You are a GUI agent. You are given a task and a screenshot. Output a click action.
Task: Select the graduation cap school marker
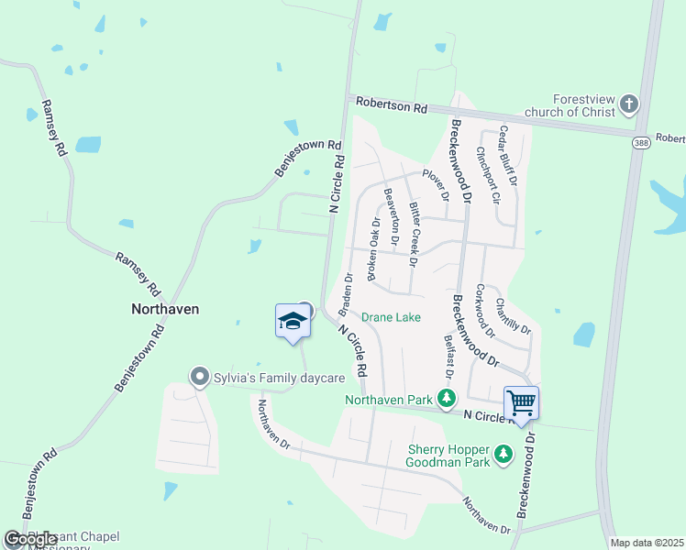293,321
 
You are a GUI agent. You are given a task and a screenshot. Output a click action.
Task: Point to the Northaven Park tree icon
447,399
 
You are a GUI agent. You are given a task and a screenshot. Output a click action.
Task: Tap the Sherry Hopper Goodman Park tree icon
503,454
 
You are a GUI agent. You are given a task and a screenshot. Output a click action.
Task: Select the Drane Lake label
391,317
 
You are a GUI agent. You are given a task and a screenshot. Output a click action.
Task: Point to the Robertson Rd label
393,106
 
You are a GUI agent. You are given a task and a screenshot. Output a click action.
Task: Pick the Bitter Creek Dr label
414,234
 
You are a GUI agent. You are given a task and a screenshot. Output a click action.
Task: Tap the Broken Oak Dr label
372,248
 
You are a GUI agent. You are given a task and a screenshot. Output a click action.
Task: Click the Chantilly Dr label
513,316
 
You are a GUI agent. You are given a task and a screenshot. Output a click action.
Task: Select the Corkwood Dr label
484,310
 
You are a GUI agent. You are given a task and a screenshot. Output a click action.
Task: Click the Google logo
29,540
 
